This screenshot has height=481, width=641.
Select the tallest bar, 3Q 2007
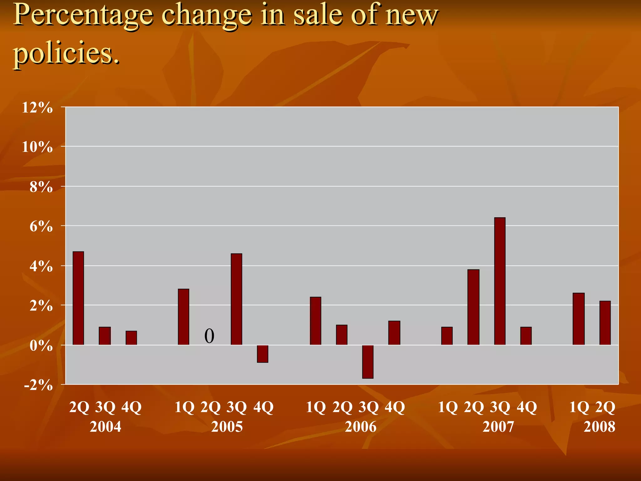500,281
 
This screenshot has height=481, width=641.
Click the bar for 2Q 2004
78,298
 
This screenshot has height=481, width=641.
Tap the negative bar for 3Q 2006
368,362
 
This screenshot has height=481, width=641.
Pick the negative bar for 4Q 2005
263,354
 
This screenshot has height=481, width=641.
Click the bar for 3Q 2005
236,299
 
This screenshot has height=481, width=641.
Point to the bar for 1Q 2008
578,319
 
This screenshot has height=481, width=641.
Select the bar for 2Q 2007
473,307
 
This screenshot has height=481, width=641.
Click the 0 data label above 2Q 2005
209,336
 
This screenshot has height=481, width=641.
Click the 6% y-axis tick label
41,226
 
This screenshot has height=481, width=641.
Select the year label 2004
105,427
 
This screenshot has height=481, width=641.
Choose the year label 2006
361,427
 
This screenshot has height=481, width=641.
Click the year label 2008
599,427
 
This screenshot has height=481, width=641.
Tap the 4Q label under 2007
527,407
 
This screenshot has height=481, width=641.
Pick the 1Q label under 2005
184,407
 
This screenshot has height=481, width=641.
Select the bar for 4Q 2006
394,333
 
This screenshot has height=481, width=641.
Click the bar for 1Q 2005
183,317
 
